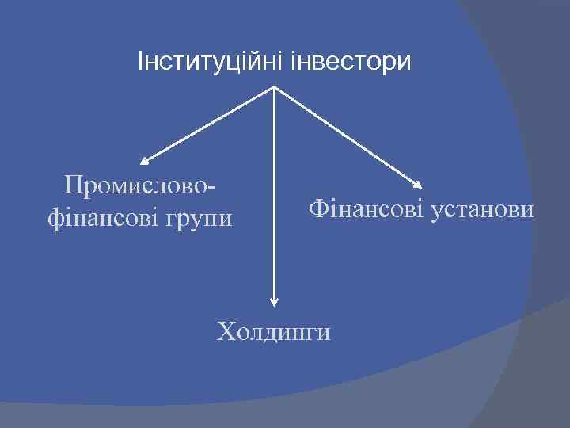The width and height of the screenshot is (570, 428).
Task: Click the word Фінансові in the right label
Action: pyautogui.click(x=365, y=210)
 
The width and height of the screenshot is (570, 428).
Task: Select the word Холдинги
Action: pyautogui.click(x=274, y=331)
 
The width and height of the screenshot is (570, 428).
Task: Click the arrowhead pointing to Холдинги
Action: pyautogui.click(x=274, y=300)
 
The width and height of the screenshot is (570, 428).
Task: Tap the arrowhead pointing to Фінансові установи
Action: pyautogui.click(x=419, y=185)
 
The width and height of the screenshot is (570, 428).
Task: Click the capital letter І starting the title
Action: pyautogui.click(x=141, y=60)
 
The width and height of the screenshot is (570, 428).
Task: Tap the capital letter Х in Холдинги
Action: pyautogui.click(x=226, y=331)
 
